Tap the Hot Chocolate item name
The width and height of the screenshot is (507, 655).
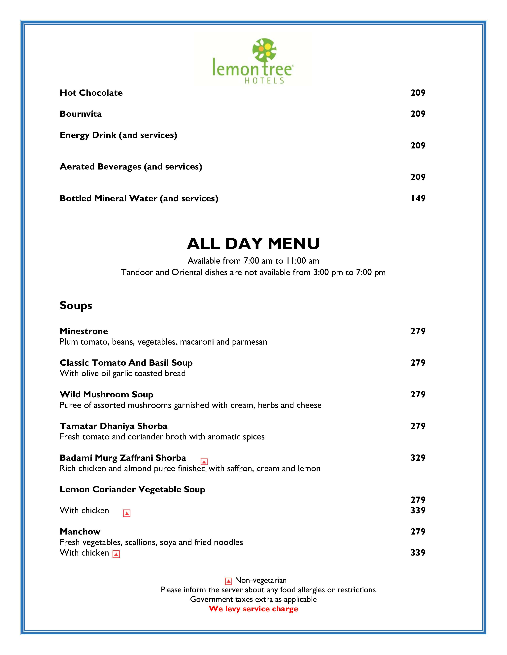91,93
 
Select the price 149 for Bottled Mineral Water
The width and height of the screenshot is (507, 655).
418,198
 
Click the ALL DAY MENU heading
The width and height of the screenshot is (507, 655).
253,244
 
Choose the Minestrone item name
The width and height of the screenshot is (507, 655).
84,331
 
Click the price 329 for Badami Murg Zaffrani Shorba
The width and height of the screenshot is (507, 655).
418,458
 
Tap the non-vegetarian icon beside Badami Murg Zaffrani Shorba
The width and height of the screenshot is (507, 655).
204,461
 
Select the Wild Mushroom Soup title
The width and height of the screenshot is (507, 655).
106,394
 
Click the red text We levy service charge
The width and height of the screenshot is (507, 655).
253,609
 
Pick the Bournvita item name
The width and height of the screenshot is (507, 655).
81,114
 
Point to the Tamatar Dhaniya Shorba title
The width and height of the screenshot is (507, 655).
114,426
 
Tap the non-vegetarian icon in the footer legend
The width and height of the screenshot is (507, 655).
228,581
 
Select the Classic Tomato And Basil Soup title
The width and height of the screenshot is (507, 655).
126,363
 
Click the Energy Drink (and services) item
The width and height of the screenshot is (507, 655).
118,135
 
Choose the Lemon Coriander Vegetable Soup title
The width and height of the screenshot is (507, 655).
132,489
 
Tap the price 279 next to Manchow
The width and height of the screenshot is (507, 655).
418,531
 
